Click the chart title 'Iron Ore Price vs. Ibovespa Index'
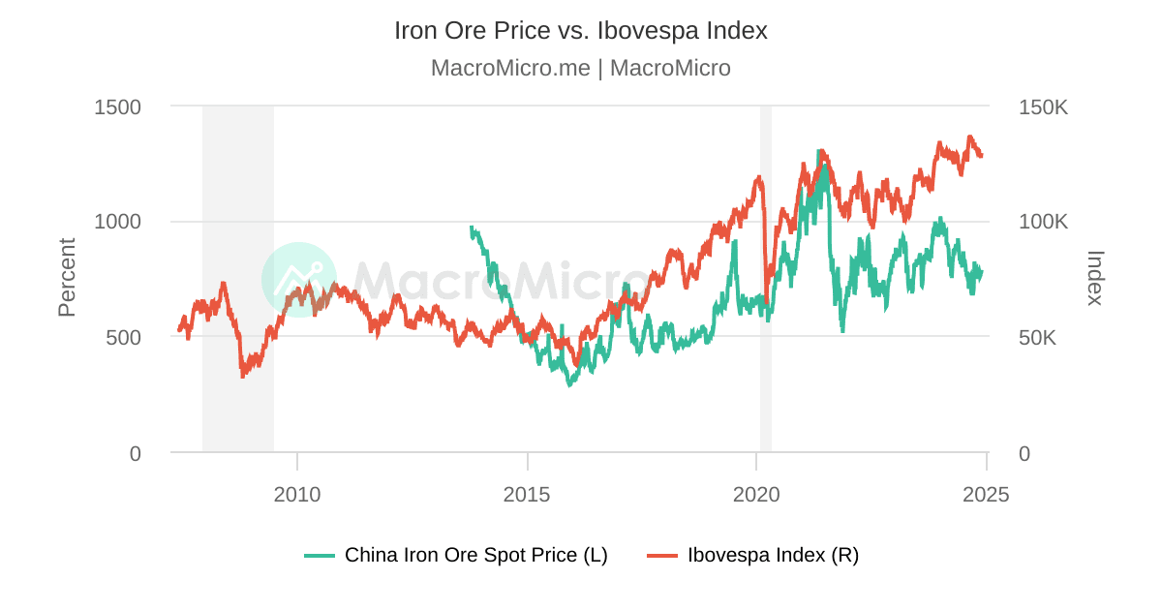click(x=580, y=30)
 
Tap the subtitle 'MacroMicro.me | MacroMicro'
click(x=580, y=68)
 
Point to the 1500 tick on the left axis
click(x=117, y=107)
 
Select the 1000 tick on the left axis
click(x=117, y=222)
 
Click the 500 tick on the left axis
click(x=123, y=338)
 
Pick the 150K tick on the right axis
click(x=1043, y=107)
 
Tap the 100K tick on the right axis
click(x=1043, y=222)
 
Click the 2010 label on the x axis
click(x=297, y=495)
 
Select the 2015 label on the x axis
click(x=527, y=495)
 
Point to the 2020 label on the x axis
click(x=756, y=495)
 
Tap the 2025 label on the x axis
click(x=986, y=495)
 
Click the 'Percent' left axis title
click(x=67, y=278)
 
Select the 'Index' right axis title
click(x=1095, y=278)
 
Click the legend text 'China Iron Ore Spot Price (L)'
click(x=475, y=556)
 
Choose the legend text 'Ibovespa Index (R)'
click(x=773, y=556)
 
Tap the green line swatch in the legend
click(x=320, y=556)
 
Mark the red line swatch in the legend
click(x=662, y=556)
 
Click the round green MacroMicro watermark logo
click(x=299, y=280)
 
